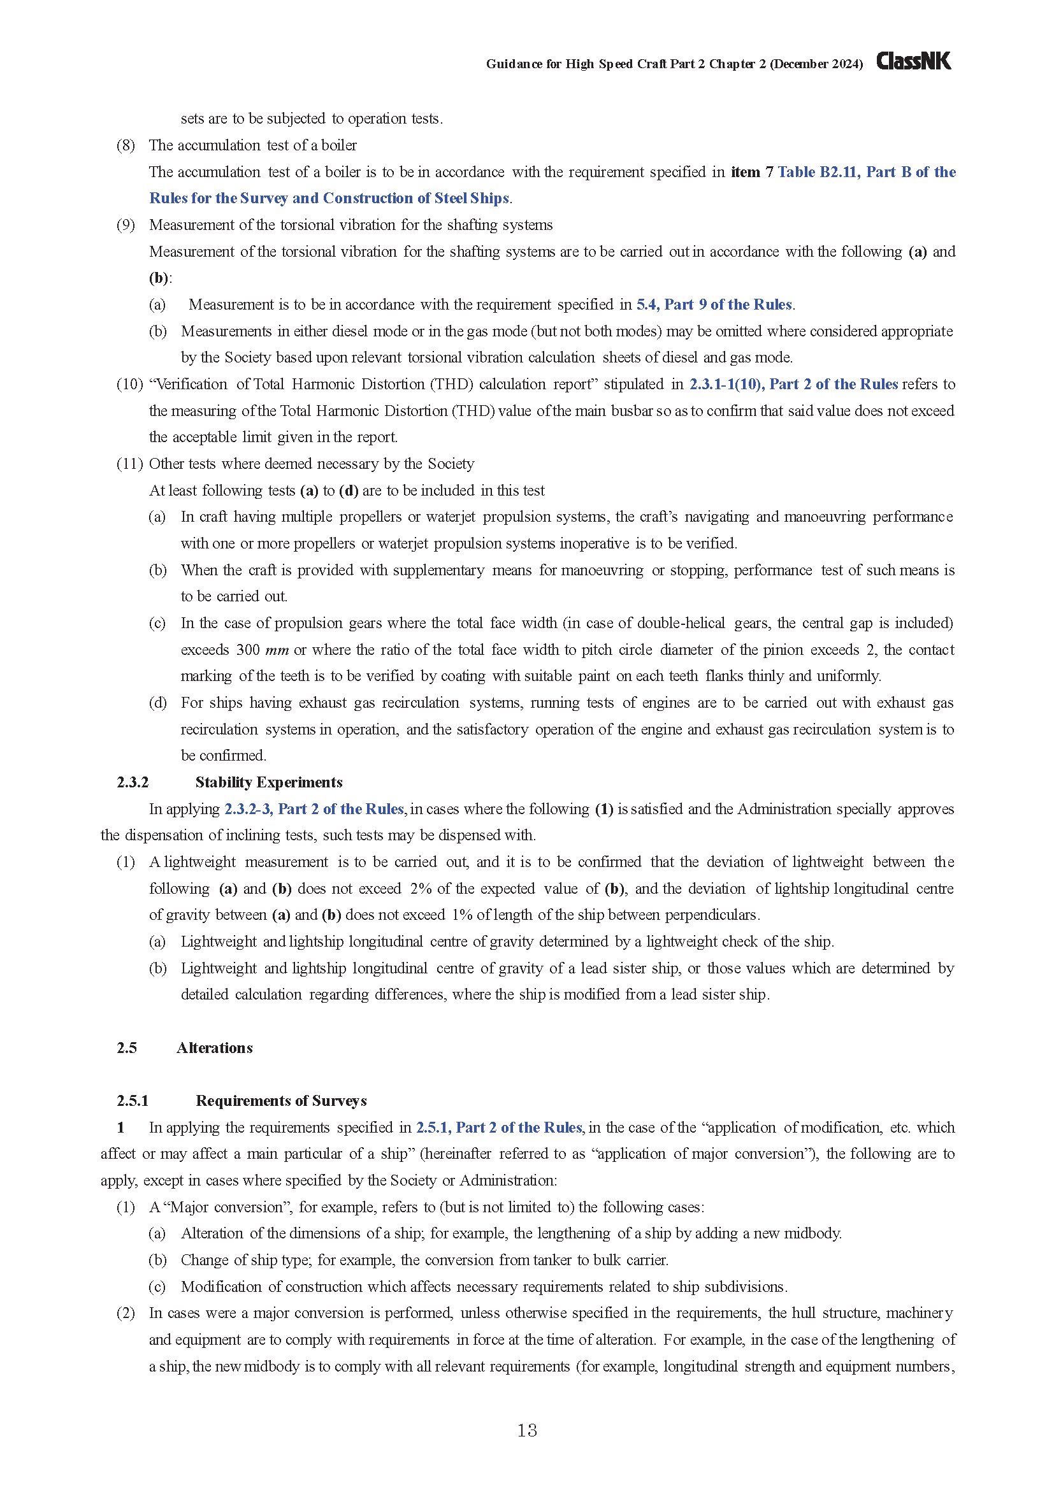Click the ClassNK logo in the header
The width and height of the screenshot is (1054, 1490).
click(x=913, y=61)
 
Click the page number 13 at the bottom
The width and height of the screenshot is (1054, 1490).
click(x=527, y=1429)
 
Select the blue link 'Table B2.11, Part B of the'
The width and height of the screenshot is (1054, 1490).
click(x=867, y=172)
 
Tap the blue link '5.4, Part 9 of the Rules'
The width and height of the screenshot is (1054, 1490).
click(x=714, y=304)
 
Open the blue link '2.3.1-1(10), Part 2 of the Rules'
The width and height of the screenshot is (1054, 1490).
click(x=793, y=384)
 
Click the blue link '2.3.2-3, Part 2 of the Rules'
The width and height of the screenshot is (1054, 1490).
click(x=314, y=808)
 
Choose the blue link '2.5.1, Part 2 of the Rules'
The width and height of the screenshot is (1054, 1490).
click(x=498, y=1128)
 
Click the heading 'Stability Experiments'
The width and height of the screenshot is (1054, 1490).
click(x=269, y=782)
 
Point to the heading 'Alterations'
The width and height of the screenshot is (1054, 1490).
click(x=214, y=1047)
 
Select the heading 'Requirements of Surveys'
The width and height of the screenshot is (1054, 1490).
click(x=281, y=1101)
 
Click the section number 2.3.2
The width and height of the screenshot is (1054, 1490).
click(x=133, y=782)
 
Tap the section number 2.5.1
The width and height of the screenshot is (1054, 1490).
click(x=133, y=1101)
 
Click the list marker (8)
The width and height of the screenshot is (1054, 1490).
click(x=126, y=145)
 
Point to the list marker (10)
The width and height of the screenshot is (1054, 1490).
click(x=129, y=384)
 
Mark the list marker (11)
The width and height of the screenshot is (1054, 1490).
click(x=129, y=464)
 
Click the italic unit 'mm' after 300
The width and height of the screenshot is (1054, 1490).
click(x=277, y=650)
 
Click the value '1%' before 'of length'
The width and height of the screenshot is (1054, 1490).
click(x=462, y=915)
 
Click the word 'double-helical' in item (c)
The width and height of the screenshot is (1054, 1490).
click(x=681, y=623)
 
